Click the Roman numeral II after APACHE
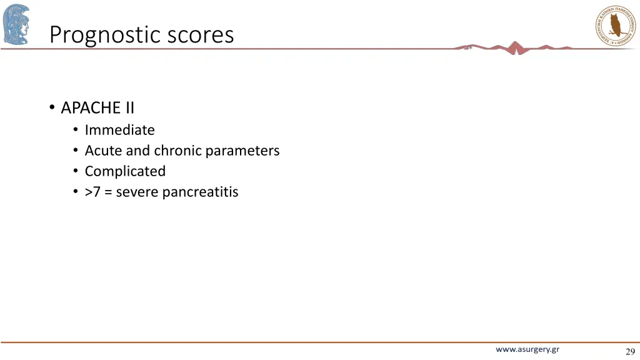click(128, 108)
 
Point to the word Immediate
click(119, 130)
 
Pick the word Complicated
click(125, 171)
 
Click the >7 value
click(92, 192)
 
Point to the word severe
click(137, 192)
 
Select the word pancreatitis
click(200, 192)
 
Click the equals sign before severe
click(109, 192)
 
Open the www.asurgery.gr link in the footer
click(527, 350)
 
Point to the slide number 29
click(629, 351)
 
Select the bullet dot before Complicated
click(75, 171)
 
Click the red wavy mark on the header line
click(514, 47)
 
